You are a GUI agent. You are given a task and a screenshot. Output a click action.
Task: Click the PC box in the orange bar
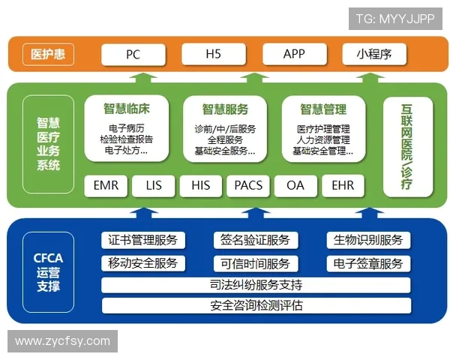[x=133, y=54]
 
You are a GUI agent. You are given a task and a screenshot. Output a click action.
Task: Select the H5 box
[x=213, y=54]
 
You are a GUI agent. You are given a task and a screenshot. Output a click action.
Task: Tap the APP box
[x=294, y=54]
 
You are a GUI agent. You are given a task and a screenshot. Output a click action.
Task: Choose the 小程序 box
[x=375, y=54]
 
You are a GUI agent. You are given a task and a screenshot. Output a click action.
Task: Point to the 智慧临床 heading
[x=126, y=108]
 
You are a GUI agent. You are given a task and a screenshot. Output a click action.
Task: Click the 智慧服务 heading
[x=225, y=108]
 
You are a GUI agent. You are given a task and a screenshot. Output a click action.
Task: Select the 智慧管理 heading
[x=323, y=108]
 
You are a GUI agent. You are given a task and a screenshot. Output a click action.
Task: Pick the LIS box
[x=154, y=184]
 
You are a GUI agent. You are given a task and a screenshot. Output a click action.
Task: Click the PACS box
[x=248, y=184]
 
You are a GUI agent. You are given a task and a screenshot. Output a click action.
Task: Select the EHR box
[x=343, y=184]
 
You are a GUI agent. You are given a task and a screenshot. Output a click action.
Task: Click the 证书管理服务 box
[x=143, y=240]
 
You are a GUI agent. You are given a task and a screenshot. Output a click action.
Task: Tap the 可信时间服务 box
[x=256, y=263]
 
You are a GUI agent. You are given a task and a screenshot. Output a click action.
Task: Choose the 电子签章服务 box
[x=368, y=263]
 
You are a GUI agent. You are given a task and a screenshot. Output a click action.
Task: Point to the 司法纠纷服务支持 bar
[x=256, y=285]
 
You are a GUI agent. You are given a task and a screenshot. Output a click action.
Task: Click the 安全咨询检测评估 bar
[x=256, y=306]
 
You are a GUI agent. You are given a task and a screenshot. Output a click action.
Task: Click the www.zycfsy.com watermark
[x=62, y=341]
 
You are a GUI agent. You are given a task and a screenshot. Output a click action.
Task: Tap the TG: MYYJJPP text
[x=395, y=19]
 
